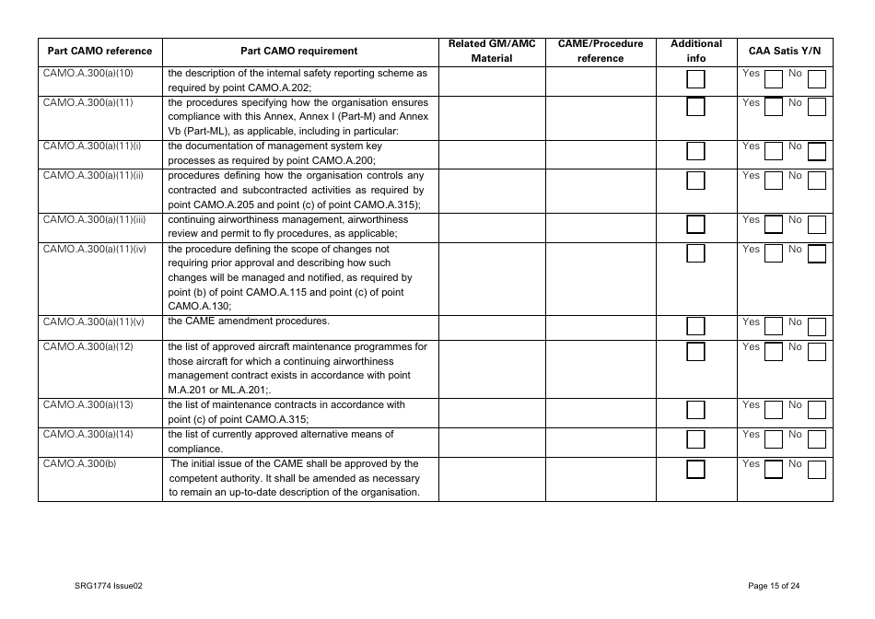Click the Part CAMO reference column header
click(x=99, y=52)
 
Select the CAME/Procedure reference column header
click(x=600, y=52)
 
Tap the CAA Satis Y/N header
click(x=784, y=52)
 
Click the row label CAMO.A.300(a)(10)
click(x=88, y=73)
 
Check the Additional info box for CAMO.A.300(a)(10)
click(x=696, y=79)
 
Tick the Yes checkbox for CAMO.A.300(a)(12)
click(x=774, y=351)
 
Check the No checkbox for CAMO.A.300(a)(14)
click(x=816, y=438)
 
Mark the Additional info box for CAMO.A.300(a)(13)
click(x=696, y=410)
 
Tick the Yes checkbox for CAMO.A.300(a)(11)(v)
click(x=774, y=326)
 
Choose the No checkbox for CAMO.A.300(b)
click(x=816, y=469)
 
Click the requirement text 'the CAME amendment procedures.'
click(x=249, y=321)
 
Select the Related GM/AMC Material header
click(x=491, y=52)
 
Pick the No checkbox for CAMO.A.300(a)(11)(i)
click(x=816, y=151)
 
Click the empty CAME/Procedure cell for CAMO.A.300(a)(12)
click(x=600, y=368)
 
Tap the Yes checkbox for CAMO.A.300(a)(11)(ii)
click(x=774, y=180)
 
